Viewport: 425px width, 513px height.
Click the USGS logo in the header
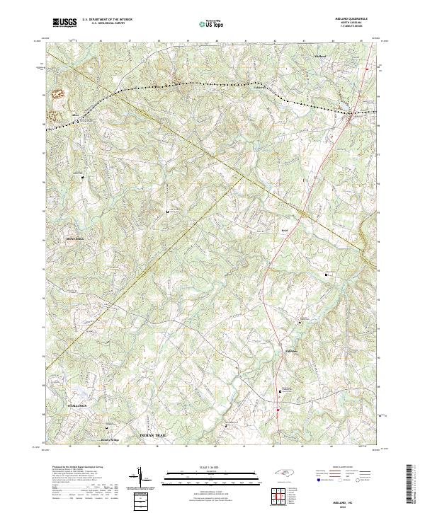[x=65, y=23]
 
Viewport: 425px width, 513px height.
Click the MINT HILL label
[x=76, y=239]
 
